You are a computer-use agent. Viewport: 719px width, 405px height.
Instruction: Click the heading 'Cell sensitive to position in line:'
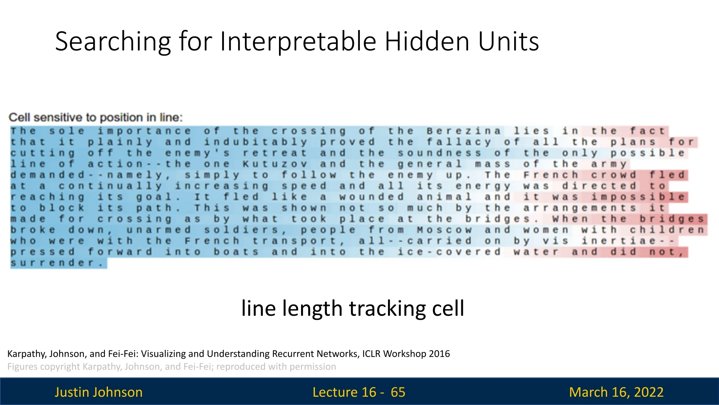point(95,117)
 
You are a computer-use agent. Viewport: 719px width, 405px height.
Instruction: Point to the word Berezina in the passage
point(463,131)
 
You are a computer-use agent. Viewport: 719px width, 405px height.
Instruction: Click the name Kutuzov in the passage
point(275,164)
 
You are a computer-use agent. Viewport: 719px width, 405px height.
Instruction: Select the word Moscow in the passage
point(444,229)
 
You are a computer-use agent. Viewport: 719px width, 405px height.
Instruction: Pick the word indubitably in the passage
point(256,142)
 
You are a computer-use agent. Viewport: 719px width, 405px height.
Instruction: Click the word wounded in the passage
point(371,196)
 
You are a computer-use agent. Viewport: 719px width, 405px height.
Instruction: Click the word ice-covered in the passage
point(449,252)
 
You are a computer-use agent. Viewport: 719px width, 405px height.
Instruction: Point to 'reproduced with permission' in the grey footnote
point(276,366)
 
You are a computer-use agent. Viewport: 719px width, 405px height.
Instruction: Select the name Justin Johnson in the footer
point(98,392)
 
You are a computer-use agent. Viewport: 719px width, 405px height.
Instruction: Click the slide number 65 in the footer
point(398,392)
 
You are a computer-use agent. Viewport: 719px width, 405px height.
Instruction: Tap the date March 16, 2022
point(616,392)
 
